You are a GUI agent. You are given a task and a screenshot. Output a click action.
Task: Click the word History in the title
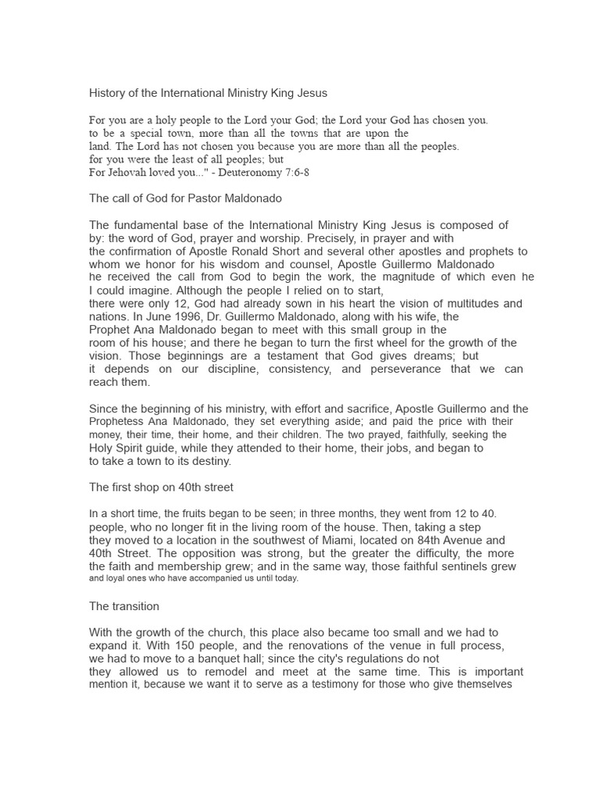pyautogui.click(x=108, y=93)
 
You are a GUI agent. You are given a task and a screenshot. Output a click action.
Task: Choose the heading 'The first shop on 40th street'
pyautogui.click(x=162, y=487)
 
